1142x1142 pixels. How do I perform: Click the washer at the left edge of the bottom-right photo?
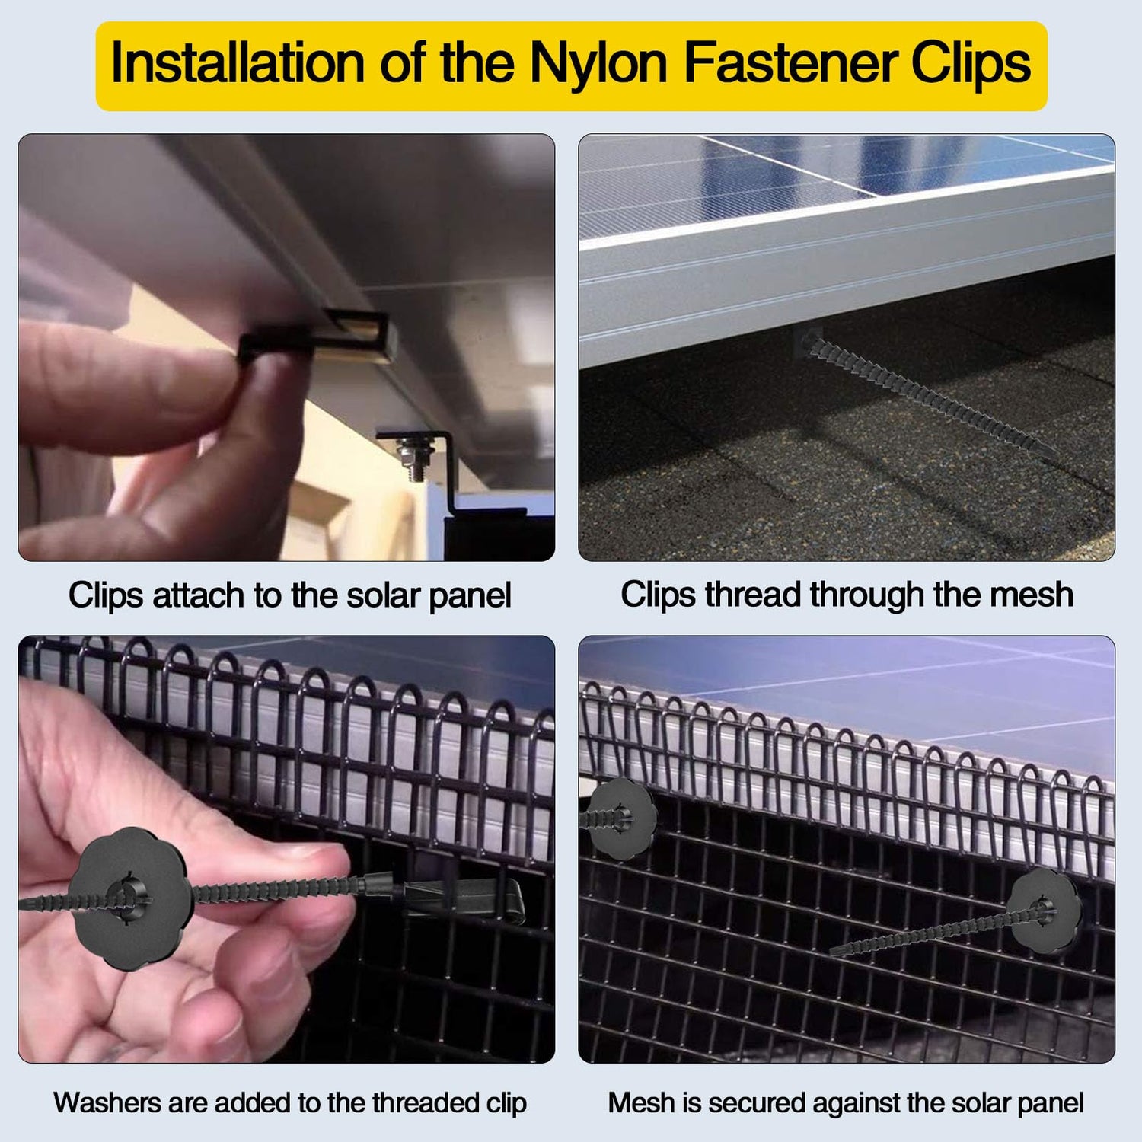click(620, 819)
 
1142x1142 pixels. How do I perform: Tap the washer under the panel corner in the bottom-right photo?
click(1046, 911)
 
